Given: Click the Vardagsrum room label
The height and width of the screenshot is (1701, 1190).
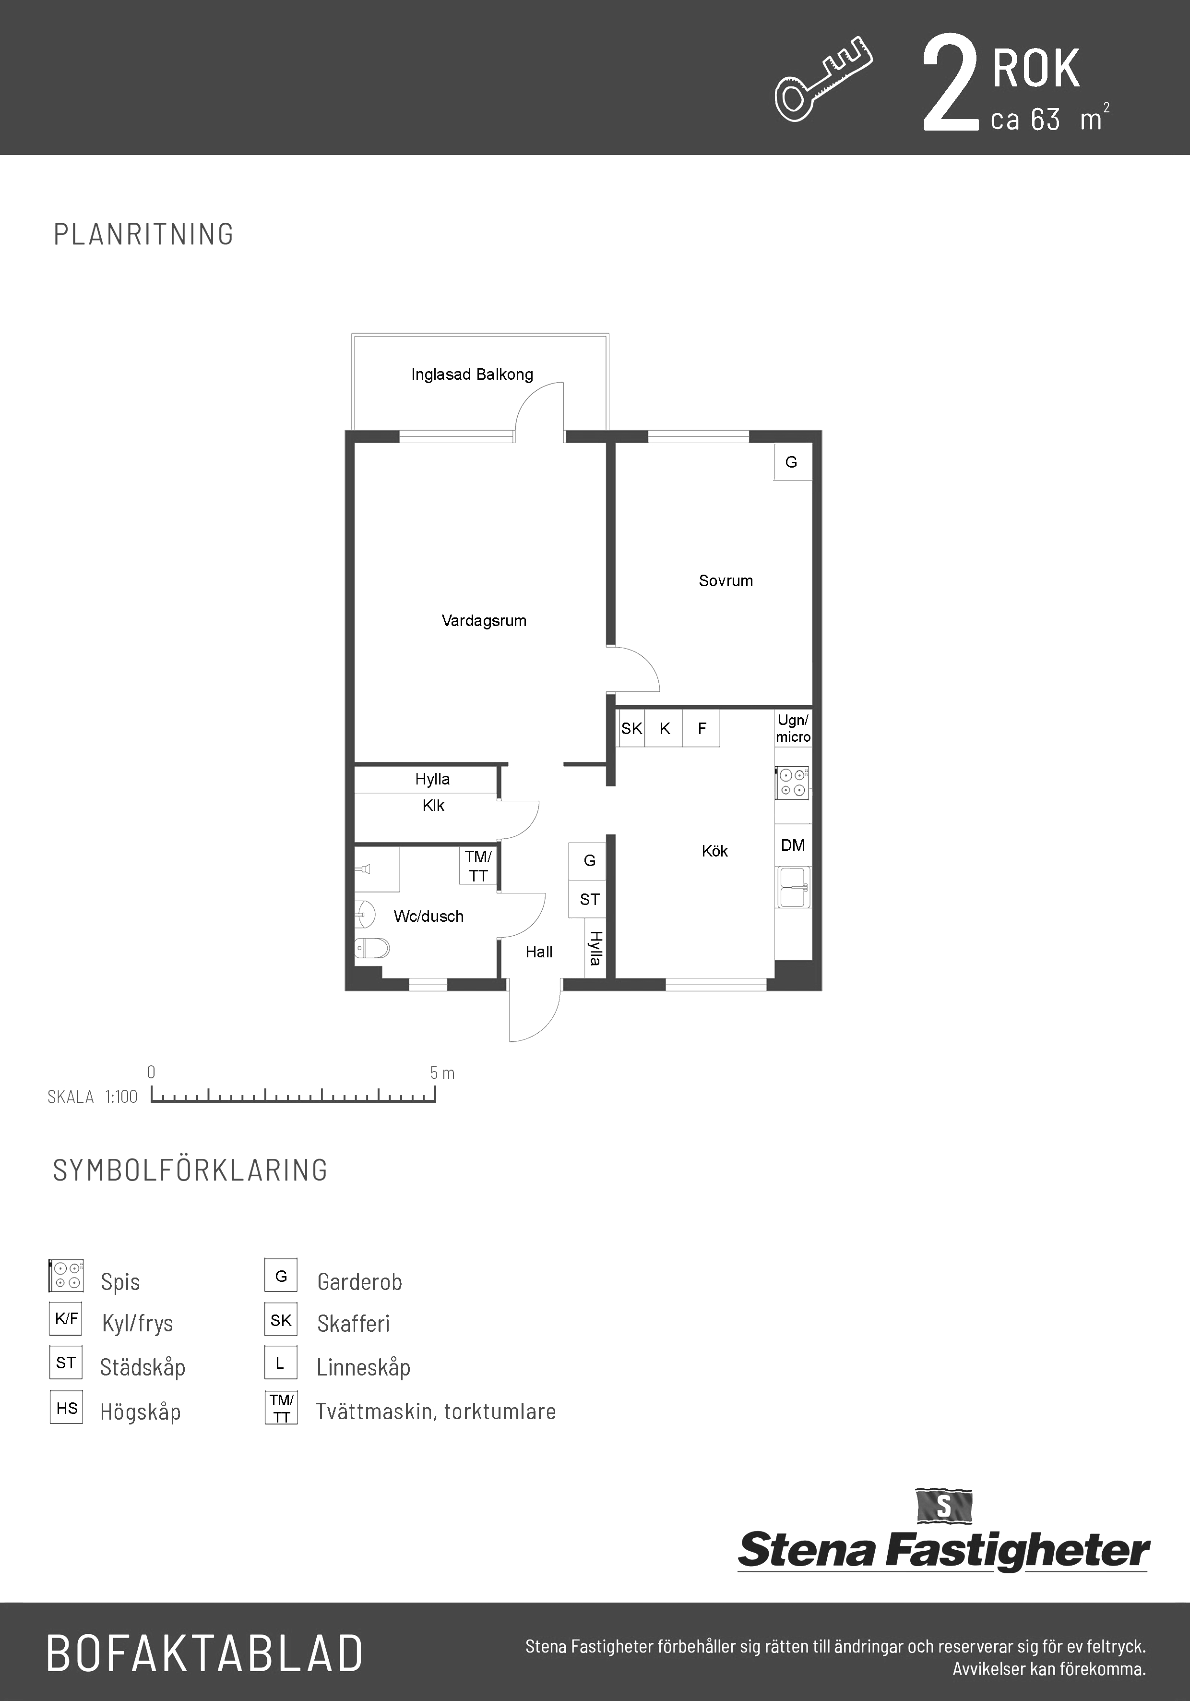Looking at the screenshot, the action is (x=484, y=621).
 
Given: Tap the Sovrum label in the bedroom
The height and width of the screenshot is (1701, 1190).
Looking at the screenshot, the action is (x=726, y=581).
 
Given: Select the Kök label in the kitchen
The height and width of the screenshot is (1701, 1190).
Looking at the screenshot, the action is (x=714, y=851).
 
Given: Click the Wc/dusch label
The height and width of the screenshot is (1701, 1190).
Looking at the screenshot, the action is (x=429, y=917).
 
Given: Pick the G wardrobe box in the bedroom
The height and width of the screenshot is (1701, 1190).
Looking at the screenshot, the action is (x=793, y=461).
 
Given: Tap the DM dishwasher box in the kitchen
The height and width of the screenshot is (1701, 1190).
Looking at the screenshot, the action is (x=793, y=845).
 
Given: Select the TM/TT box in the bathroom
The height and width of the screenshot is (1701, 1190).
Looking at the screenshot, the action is (x=478, y=866).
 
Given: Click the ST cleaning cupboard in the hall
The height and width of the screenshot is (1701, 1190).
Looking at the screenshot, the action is (x=589, y=899).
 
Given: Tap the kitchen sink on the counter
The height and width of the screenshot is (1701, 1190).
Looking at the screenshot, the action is (x=793, y=888).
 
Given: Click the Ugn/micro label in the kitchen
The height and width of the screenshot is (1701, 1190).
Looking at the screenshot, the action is (x=793, y=728).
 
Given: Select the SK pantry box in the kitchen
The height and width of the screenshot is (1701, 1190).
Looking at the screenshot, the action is (x=631, y=728).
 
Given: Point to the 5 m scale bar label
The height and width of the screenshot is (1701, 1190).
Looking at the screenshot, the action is (x=442, y=1073).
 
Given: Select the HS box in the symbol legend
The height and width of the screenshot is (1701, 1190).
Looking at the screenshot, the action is (x=66, y=1408).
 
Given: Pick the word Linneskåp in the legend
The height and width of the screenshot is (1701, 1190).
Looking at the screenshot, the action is (x=364, y=1368).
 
